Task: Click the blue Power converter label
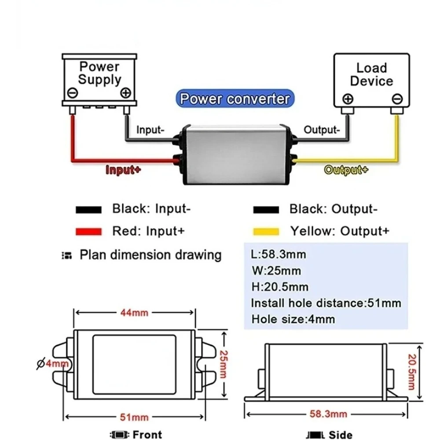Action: point(235,99)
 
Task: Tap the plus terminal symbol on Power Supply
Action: point(125,93)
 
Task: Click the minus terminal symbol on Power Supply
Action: point(73,93)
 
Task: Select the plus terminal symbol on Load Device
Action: point(348,99)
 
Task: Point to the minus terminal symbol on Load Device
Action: point(397,99)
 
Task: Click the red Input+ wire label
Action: point(123,170)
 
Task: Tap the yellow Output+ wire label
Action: point(346,170)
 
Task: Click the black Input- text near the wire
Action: point(150,130)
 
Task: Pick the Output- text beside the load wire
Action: point(322,130)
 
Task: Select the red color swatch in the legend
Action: point(88,231)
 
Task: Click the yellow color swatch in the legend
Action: point(266,231)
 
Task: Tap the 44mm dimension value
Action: point(134,312)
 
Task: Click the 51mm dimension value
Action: point(134,417)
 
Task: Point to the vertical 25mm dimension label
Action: point(224,364)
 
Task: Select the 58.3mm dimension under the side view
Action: point(328,414)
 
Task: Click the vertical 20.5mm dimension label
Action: point(411,372)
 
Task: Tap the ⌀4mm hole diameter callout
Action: point(53,364)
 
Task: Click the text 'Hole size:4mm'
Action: point(293,319)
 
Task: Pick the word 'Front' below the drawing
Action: point(147,435)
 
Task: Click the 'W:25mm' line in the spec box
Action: point(276,271)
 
